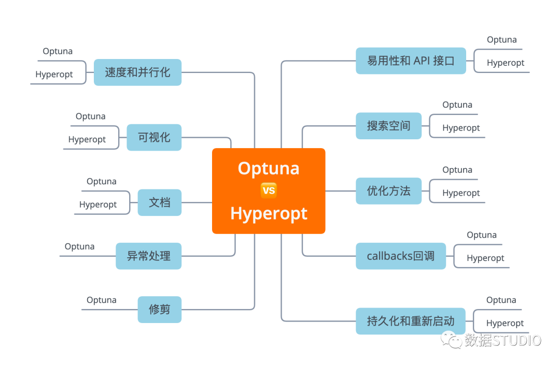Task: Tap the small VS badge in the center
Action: [x=269, y=191]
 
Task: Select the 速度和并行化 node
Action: [x=137, y=72]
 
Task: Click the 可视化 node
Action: [x=154, y=137]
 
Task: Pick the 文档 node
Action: [x=159, y=202]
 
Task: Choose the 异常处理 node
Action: [x=148, y=256]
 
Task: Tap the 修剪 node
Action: [x=159, y=310]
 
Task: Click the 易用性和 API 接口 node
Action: [x=411, y=61]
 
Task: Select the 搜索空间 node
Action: [x=388, y=126]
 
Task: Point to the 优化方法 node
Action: [x=388, y=191]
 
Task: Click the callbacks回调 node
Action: [x=400, y=256]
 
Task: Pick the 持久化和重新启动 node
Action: [x=410, y=321]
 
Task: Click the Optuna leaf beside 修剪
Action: [x=101, y=300]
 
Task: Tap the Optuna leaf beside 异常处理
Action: [x=79, y=246]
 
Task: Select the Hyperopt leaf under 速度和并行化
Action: [x=54, y=75]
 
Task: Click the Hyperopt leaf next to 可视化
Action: [x=87, y=140]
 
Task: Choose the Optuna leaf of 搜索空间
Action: [x=457, y=105]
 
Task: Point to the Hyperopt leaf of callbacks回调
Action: [x=485, y=258]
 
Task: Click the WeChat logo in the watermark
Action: [x=451, y=340]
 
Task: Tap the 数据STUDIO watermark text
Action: [x=502, y=340]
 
